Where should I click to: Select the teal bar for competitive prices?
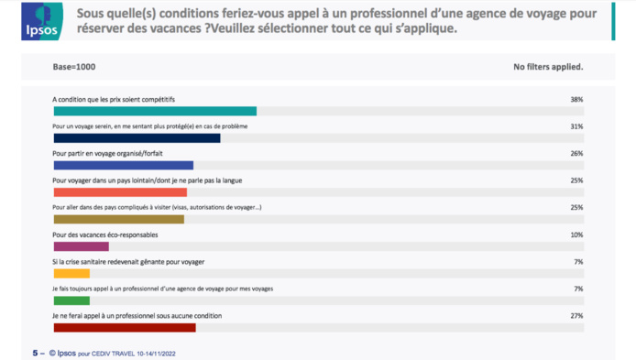click(155, 111)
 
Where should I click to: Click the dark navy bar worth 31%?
click(137, 138)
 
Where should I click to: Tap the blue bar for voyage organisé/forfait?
click(124, 166)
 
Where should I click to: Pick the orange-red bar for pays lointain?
click(120, 192)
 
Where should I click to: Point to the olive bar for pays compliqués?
click(119, 220)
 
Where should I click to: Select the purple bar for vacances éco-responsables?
click(82, 246)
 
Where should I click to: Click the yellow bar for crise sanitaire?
click(71, 273)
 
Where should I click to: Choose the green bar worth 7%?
click(71, 300)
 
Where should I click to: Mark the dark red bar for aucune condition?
click(125, 327)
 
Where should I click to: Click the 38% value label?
click(576, 99)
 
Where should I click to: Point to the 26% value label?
click(576, 153)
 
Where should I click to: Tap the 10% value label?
click(576, 235)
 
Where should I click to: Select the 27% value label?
click(576, 316)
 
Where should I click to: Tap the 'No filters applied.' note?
click(549, 67)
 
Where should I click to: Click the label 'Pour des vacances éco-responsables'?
click(104, 235)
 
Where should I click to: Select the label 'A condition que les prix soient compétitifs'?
click(114, 99)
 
